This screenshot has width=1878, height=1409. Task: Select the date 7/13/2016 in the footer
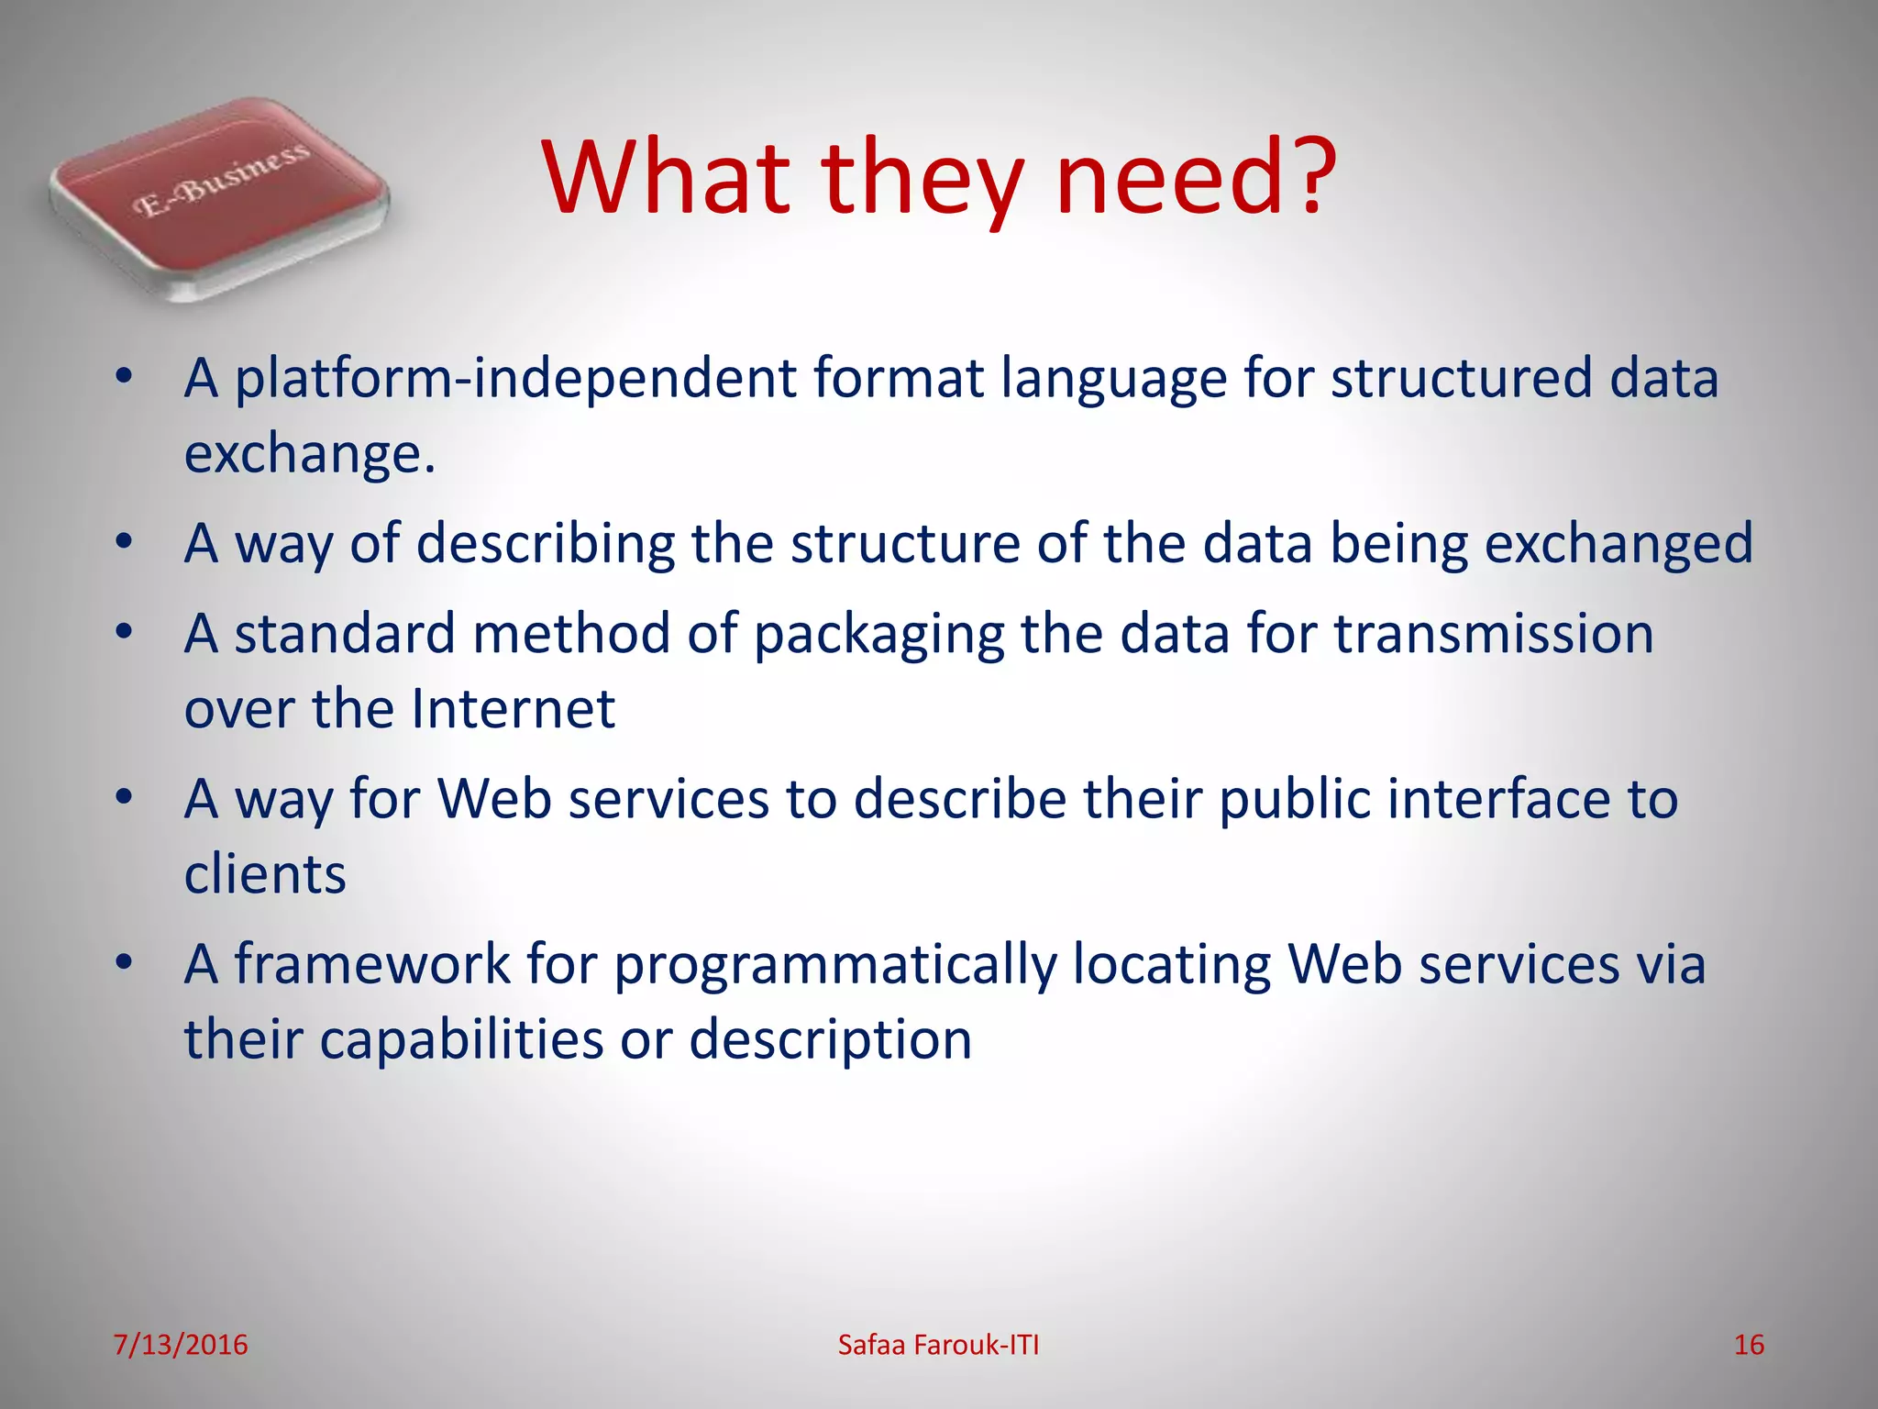point(181,1345)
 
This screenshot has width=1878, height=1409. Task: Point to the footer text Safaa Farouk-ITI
point(938,1345)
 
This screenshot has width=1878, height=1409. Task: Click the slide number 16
point(1749,1345)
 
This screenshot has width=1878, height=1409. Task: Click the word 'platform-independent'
point(515,378)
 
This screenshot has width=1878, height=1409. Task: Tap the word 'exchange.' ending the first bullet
point(309,453)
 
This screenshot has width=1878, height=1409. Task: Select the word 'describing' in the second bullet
point(546,543)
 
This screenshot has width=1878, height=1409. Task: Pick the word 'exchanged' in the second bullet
point(1618,543)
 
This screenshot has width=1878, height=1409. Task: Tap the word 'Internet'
point(513,708)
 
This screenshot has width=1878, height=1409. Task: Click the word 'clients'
point(265,873)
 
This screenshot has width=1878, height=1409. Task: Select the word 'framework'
point(372,964)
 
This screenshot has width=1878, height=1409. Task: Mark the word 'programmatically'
point(835,966)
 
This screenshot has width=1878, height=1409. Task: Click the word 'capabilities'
point(462,1039)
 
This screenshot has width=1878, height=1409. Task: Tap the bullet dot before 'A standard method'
point(126,632)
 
